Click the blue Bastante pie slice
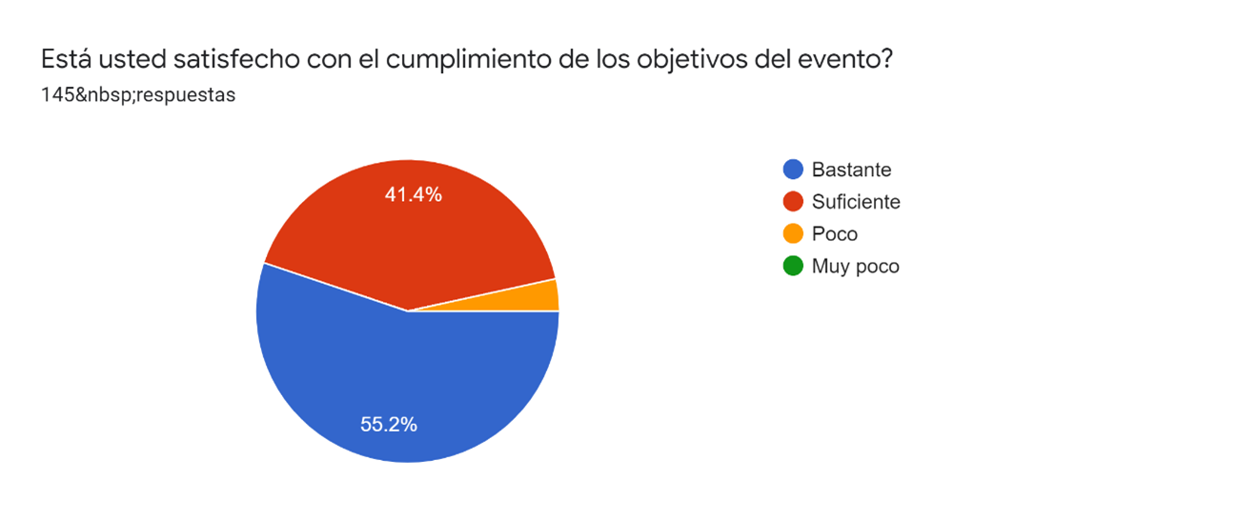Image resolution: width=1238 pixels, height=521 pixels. click(x=381, y=381)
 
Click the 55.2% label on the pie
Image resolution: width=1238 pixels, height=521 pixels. click(x=389, y=425)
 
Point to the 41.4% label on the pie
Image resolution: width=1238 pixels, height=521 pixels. click(x=413, y=194)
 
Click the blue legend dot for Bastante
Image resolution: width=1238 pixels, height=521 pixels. click(x=792, y=170)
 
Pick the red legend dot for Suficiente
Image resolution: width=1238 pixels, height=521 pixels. click(x=792, y=202)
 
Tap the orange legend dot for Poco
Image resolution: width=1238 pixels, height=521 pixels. click(x=792, y=234)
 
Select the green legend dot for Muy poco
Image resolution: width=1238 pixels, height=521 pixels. click(x=792, y=267)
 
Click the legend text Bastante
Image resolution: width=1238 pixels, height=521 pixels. click(x=851, y=170)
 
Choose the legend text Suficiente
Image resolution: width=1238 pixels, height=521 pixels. click(x=856, y=202)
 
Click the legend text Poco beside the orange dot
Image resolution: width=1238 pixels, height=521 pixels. click(x=835, y=234)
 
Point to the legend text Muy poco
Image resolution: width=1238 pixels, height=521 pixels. click(x=855, y=267)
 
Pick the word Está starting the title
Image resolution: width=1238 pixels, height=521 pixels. click(x=66, y=59)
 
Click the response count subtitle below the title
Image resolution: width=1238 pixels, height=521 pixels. click(x=138, y=95)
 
